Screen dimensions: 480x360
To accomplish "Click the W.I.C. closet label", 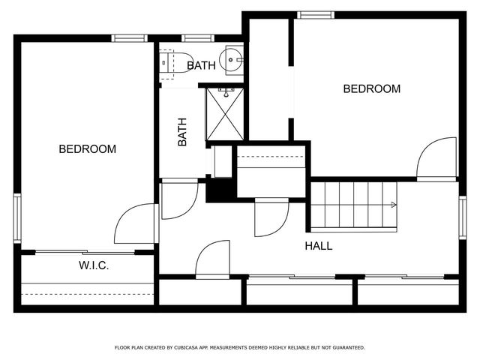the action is click(94, 265).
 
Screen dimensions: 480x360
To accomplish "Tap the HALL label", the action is click(318, 246).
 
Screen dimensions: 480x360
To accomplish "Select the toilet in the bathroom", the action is click(175, 63).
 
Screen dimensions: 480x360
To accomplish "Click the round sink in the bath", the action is click(234, 60).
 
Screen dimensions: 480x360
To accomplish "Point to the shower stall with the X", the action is click(225, 114).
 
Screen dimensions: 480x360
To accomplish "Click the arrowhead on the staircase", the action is click(394, 205).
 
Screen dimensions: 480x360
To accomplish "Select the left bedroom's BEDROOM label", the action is click(88, 149).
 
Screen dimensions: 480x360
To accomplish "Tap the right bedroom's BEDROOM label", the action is click(372, 88).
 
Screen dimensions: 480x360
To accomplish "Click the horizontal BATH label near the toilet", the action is click(201, 65).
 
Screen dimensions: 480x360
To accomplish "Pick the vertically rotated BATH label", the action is click(182, 132).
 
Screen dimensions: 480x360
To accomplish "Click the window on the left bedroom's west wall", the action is click(17, 218).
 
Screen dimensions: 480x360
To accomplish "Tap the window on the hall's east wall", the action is click(463, 217).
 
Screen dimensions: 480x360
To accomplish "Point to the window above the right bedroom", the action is click(316, 15).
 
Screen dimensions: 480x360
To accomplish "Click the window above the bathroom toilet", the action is click(198, 38).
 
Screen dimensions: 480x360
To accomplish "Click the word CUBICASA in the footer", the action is click(186, 348).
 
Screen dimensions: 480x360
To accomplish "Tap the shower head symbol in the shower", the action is click(226, 92).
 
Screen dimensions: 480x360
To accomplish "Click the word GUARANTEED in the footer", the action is click(349, 348).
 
